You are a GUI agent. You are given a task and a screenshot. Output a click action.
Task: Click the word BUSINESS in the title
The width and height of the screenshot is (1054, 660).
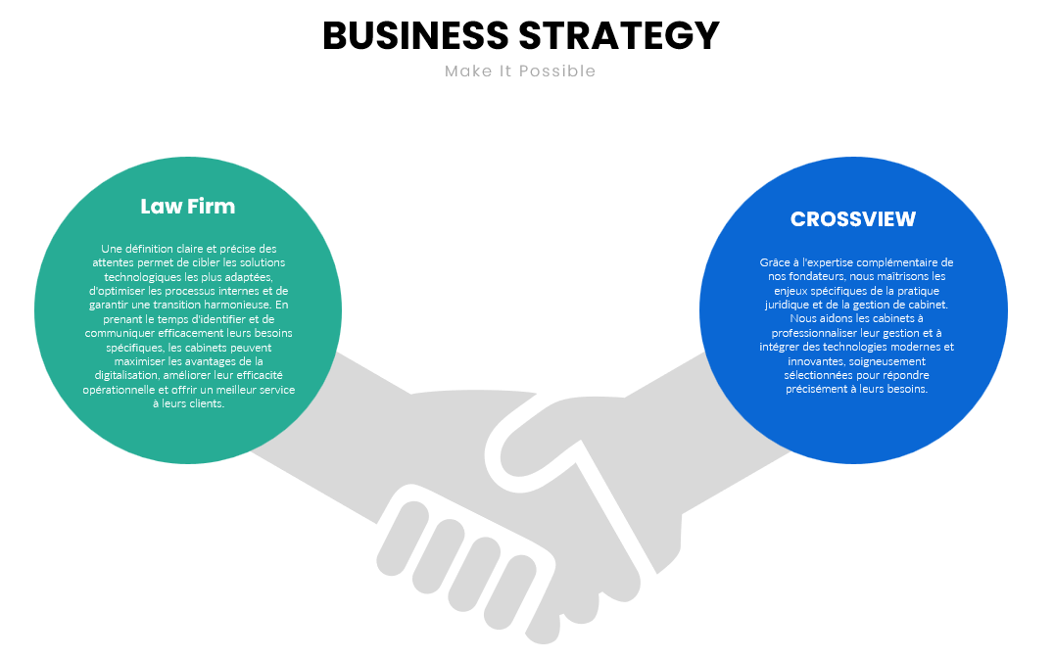pyautogui.click(x=415, y=36)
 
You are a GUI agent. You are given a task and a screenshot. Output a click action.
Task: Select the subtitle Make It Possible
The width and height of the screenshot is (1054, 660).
pyautogui.click(x=520, y=71)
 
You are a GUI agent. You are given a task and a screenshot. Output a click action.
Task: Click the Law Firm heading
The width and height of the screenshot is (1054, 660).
pyautogui.click(x=188, y=206)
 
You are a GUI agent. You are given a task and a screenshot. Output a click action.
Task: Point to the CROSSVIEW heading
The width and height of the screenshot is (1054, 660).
pyautogui.click(x=853, y=219)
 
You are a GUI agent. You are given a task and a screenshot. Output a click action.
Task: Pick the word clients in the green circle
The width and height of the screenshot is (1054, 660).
pyautogui.click(x=206, y=403)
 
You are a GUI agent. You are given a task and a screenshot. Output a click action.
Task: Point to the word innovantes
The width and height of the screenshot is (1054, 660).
pyautogui.click(x=814, y=361)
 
